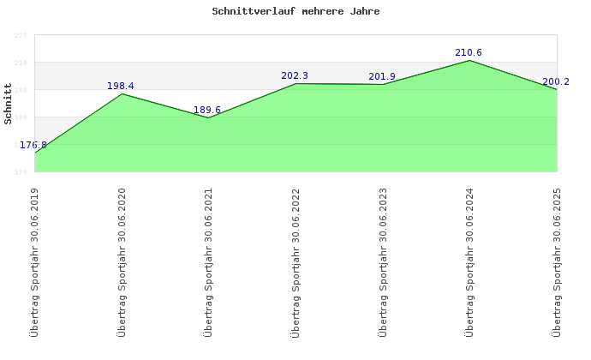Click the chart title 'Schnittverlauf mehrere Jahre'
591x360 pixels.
pyautogui.click(x=295, y=12)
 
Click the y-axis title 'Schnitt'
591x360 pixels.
pyautogui.click(x=9, y=104)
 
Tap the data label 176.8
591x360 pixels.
pyautogui.click(x=33, y=146)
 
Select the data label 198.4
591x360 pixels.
pyautogui.click(x=121, y=86)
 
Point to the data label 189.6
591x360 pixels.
pyautogui.click(x=208, y=110)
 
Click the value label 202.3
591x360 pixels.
pyautogui.click(x=295, y=75)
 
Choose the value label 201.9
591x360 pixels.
pyautogui.click(x=382, y=76)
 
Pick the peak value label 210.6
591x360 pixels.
pyautogui.click(x=469, y=53)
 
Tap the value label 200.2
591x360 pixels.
pyautogui.click(x=556, y=82)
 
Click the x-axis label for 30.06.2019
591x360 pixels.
pyautogui.click(x=34, y=261)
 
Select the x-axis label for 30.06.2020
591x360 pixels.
pyautogui.click(x=122, y=261)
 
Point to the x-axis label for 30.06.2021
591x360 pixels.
pyautogui.click(x=208, y=261)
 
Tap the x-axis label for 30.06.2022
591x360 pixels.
pyautogui.click(x=295, y=261)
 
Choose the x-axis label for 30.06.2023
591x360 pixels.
pyautogui.click(x=383, y=261)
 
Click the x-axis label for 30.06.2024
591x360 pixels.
pyautogui.click(x=469, y=261)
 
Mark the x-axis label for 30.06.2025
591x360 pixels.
pyautogui.click(x=557, y=261)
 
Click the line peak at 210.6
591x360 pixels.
pyautogui.click(x=469, y=61)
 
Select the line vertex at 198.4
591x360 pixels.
pyautogui.click(x=122, y=93)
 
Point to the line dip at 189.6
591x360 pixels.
pyautogui.click(x=208, y=117)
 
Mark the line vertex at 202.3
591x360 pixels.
pyautogui.click(x=295, y=83)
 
